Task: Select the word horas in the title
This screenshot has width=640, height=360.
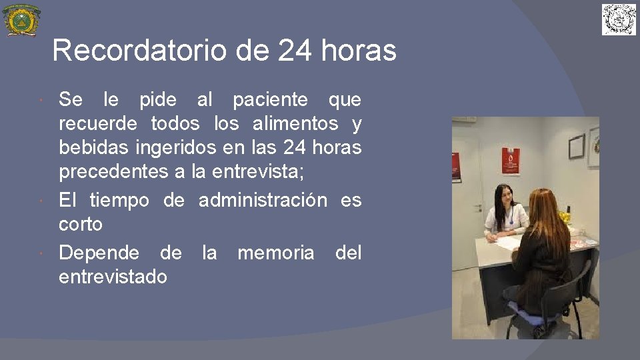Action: tap(363, 51)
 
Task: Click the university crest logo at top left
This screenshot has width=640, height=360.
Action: tap(21, 20)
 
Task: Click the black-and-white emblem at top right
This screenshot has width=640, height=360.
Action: tap(619, 19)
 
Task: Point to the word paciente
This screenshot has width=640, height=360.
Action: tap(270, 100)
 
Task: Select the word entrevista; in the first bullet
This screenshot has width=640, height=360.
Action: tap(257, 171)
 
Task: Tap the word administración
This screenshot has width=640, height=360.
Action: tap(263, 200)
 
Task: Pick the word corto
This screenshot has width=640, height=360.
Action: tap(81, 224)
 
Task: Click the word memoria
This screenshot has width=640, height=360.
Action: tap(275, 253)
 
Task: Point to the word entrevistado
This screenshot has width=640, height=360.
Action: tap(113, 277)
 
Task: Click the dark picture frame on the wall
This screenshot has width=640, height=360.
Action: tap(576, 146)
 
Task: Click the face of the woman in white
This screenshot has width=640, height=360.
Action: tap(503, 197)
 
